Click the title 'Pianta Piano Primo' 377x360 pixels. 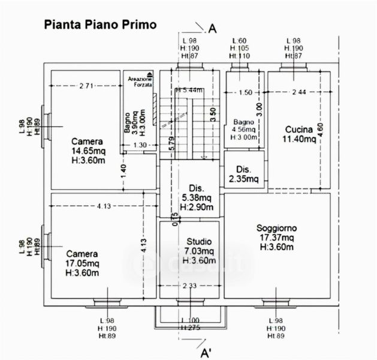tap(99, 25)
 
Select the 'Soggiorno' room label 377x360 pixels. tap(277, 228)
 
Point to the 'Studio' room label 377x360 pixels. tap(198, 242)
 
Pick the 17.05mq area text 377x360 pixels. tap(82, 263)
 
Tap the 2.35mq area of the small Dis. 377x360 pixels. tap(243, 179)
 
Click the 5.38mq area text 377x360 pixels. tap(197, 197)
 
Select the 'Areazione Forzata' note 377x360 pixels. tap(140, 82)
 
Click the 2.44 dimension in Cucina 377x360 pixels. tap(298, 92)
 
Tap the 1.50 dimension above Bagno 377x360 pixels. tap(245, 92)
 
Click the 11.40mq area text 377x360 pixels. tap(299, 139)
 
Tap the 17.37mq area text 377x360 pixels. tap(277, 238)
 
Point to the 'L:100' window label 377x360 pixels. tap(191, 321)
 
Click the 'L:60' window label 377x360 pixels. tap(240, 41)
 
